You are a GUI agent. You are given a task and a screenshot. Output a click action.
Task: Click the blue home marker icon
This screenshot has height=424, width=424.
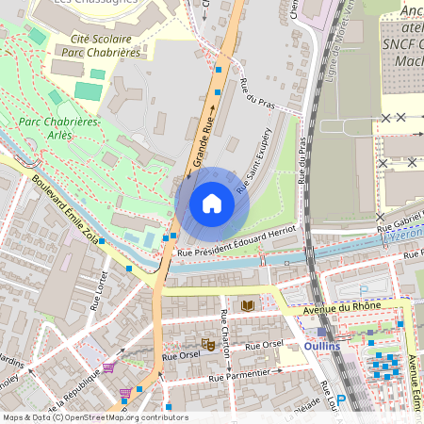(212, 204)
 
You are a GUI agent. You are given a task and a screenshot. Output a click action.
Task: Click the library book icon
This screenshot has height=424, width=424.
(248, 306)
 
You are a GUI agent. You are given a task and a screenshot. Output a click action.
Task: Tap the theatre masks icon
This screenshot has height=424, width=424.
(207, 344)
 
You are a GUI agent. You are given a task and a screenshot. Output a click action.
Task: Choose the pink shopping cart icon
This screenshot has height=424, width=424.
(108, 367)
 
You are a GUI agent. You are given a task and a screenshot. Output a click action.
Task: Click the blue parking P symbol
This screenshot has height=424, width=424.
(342, 400)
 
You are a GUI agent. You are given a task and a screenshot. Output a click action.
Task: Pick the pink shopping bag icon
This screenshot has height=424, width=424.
(124, 393)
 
